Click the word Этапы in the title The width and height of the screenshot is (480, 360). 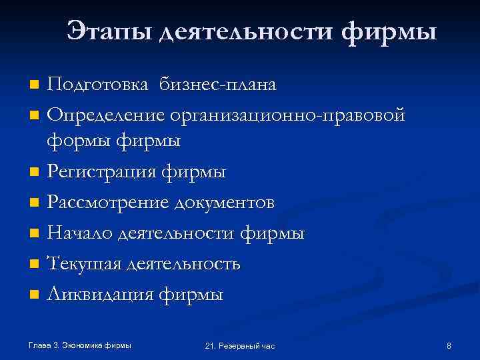pyautogui.click(x=109, y=31)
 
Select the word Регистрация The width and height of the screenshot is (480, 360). pyautogui.click(x=99, y=172)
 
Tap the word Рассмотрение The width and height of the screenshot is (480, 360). pyautogui.click(x=106, y=202)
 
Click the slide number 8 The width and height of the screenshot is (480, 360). pyautogui.click(x=449, y=345)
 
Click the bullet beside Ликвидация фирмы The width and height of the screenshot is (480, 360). pyautogui.click(x=35, y=294)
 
